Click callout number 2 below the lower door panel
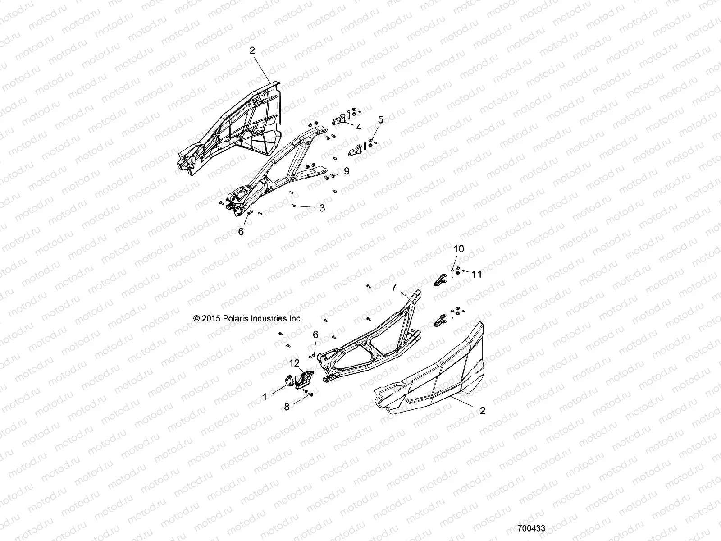483,411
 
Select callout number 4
359,128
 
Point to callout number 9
347,171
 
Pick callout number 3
322,208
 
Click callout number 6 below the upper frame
241,232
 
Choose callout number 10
458,249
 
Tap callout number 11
477,274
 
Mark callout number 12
294,363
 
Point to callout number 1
265,397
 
